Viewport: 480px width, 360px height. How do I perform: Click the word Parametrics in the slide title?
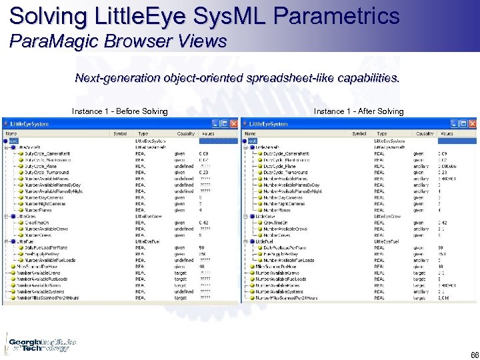pyautogui.click(x=333, y=16)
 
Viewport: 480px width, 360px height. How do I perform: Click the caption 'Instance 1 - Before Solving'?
pyautogui.click(x=120, y=111)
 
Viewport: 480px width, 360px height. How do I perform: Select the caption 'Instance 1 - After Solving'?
pyautogui.click(x=359, y=111)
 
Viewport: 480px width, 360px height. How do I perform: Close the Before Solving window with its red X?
pyautogui.click(x=233, y=124)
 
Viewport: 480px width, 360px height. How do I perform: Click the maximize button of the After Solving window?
pyautogui.click(x=464, y=124)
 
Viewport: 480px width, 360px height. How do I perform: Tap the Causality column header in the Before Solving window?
pyautogui.click(x=185, y=133)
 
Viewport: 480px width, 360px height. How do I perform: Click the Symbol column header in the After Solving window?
pyautogui.click(x=359, y=133)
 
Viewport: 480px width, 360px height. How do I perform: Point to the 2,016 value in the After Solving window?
pyautogui.click(x=445, y=299)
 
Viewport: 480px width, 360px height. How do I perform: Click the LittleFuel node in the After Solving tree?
pyautogui.click(x=265, y=240)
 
